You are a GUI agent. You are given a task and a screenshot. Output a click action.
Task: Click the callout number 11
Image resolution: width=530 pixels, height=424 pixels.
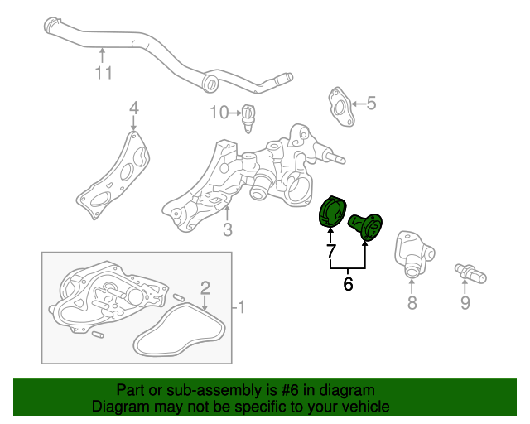(x=104, y=73)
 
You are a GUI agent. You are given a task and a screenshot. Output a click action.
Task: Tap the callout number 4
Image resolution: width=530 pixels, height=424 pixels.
(x=134, y=108)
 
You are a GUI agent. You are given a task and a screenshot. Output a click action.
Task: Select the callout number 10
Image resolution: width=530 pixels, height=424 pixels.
(x=219, y=113)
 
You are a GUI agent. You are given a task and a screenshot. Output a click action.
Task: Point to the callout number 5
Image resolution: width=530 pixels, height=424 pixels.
(x=371, y=103)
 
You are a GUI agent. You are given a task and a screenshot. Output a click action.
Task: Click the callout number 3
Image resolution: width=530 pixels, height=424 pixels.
(x=228, y=229)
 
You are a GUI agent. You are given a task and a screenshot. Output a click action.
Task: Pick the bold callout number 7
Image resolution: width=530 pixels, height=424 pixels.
(x=331, y=251)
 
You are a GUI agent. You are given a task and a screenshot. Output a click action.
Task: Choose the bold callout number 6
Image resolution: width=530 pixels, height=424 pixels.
(x=348, y=284)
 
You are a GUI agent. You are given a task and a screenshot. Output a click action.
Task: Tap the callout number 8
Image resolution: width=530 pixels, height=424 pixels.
(x=412, y=302)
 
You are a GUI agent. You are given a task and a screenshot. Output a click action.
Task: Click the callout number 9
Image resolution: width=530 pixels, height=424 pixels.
(x=465, y=302)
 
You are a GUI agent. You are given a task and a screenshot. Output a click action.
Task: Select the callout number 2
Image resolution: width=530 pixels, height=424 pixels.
(x=205, y=288)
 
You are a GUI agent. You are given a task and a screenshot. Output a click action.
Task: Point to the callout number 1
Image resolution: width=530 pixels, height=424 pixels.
(x=241, y=307)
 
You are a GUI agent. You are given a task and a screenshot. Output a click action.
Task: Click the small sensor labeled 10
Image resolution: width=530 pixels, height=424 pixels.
(x=248, y=118)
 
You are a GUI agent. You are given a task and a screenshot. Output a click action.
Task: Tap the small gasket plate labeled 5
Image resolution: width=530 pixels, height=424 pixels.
(x=341, y=107)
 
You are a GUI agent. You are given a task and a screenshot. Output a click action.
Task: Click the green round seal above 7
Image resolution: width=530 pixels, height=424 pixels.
(x=331, y=211)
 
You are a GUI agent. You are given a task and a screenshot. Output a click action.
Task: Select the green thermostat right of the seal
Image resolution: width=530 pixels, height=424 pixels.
(x=366, y=226)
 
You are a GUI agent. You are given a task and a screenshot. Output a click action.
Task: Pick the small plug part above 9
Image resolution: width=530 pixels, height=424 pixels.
(x=470, y=273)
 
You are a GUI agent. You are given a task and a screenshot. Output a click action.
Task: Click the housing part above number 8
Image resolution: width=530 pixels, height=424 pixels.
(x=413, y=253)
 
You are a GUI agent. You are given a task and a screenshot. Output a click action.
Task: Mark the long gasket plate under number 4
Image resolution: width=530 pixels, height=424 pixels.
(x=113, y=175)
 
